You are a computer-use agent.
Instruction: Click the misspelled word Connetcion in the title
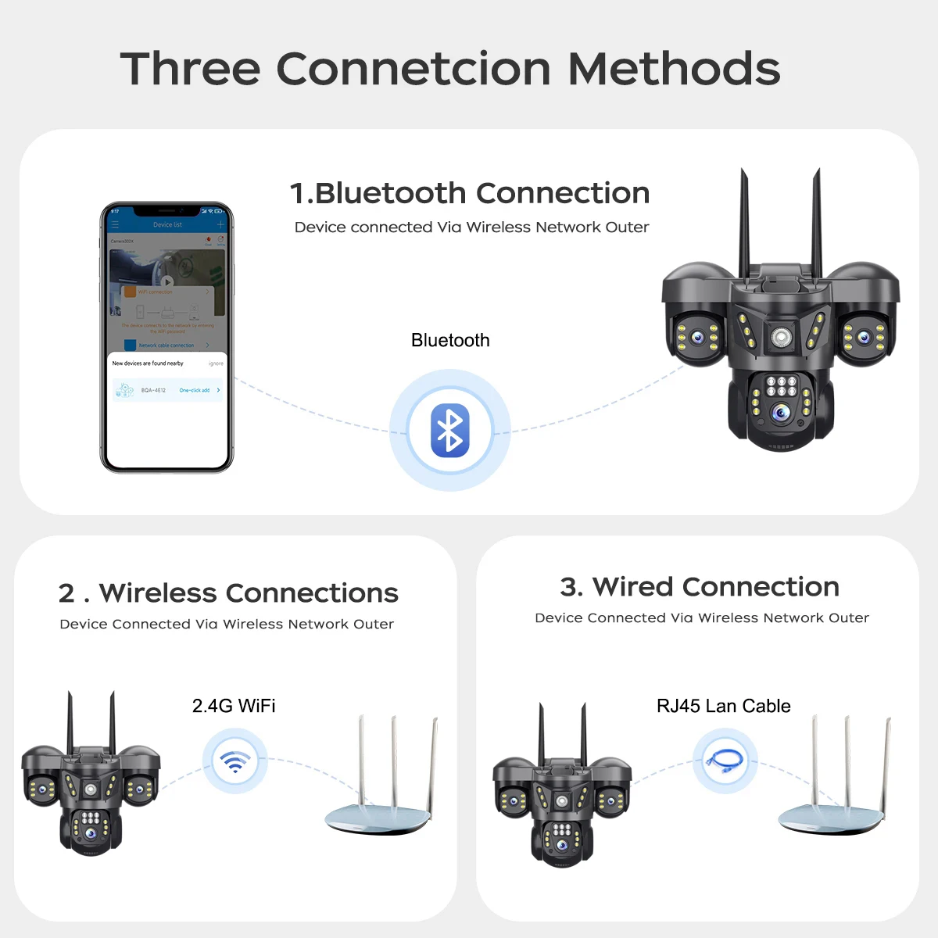pos(414,69)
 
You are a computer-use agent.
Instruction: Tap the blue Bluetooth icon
pos(450,431)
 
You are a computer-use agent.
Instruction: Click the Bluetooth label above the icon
pos(450,340)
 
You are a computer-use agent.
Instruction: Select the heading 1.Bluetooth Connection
pos(469,193)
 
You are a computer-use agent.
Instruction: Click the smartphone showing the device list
pos(166,337)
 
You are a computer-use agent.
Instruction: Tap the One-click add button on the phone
pos(195,390)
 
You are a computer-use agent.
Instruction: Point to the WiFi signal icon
pos(234,761)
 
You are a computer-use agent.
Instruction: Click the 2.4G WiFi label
pos(234,706)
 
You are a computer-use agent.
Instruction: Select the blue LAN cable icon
pos(725,761)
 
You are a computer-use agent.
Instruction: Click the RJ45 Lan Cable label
pos(723,706)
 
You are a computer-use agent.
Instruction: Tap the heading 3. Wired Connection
pos(700,586)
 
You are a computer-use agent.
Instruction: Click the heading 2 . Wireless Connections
pos(228,593)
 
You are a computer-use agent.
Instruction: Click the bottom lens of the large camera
pos(780,413)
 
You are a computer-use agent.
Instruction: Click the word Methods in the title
pos(674,69)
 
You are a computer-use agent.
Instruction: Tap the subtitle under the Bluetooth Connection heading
pos(471,227)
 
